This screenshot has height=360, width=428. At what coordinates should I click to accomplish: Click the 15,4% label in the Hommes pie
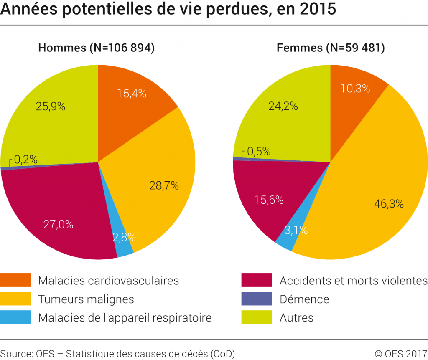(x=131, y=94)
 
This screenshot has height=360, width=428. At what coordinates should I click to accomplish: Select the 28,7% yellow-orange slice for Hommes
(x=164, y=185)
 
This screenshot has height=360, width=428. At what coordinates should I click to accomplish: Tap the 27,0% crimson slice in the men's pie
(x=59, y=224)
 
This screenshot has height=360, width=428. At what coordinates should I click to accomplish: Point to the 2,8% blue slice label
(x=124, y=238)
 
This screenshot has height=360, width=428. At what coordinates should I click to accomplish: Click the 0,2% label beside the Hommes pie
(x=26, y=159)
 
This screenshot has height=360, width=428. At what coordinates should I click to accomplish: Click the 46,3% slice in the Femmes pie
(x=388, y=204)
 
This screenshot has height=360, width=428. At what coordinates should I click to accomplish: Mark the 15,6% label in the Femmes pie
(x=269, y=200)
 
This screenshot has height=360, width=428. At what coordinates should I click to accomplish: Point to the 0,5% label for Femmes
(x=258, y=151)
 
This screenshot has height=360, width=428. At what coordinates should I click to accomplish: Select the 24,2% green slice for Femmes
(x=283, y=106)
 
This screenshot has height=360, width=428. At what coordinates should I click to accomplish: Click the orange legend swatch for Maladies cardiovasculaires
(x=15, y=280)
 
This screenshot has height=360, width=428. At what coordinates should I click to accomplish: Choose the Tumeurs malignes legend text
(x=86, y=299)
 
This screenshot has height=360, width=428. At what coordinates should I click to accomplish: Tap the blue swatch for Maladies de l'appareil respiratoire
(x=15, y=317)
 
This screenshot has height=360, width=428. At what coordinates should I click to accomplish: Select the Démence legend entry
(x=304, y=299)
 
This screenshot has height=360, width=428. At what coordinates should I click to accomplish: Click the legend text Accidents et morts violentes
(x=354, y=280)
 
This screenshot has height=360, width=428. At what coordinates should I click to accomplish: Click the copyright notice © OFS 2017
(x=400, y=353)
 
